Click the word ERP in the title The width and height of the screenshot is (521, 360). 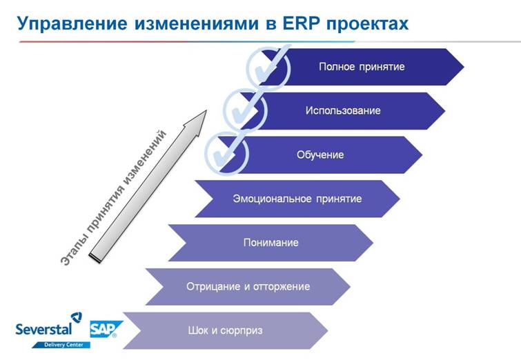pos(302,23)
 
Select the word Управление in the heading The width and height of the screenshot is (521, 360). pos(72,24)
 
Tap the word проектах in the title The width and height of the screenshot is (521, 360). pos(368,24)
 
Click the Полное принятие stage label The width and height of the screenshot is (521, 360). pos(362,67)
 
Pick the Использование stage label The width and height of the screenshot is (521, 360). pos(343,110)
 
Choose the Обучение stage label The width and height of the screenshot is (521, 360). pos(320,154)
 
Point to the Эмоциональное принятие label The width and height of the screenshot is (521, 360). pos(297,199)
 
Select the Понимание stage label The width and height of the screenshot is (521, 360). pos(271,243)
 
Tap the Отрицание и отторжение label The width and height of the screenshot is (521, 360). pos(248,286)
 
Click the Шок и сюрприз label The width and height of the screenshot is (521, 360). pos(225,330)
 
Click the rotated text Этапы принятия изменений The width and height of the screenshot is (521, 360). pos(113,198)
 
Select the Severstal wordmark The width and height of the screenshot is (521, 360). pos(43,329)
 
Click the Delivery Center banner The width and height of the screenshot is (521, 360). pos(62,345)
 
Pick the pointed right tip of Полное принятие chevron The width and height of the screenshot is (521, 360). pos(464,67)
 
